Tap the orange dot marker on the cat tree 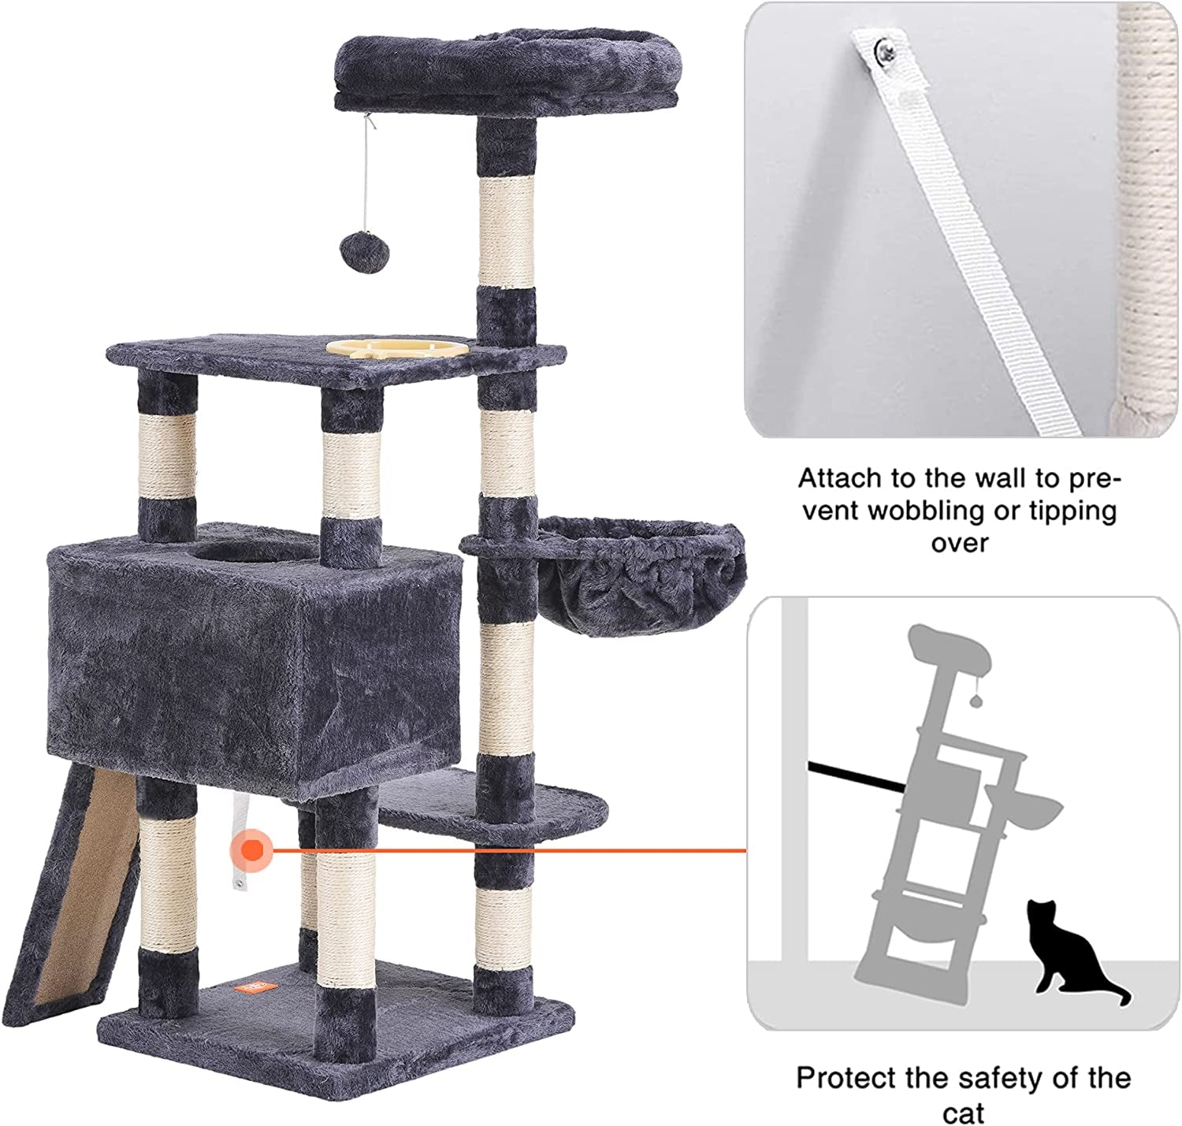(x=252, y=850)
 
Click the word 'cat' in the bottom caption (x=963, y=1113)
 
